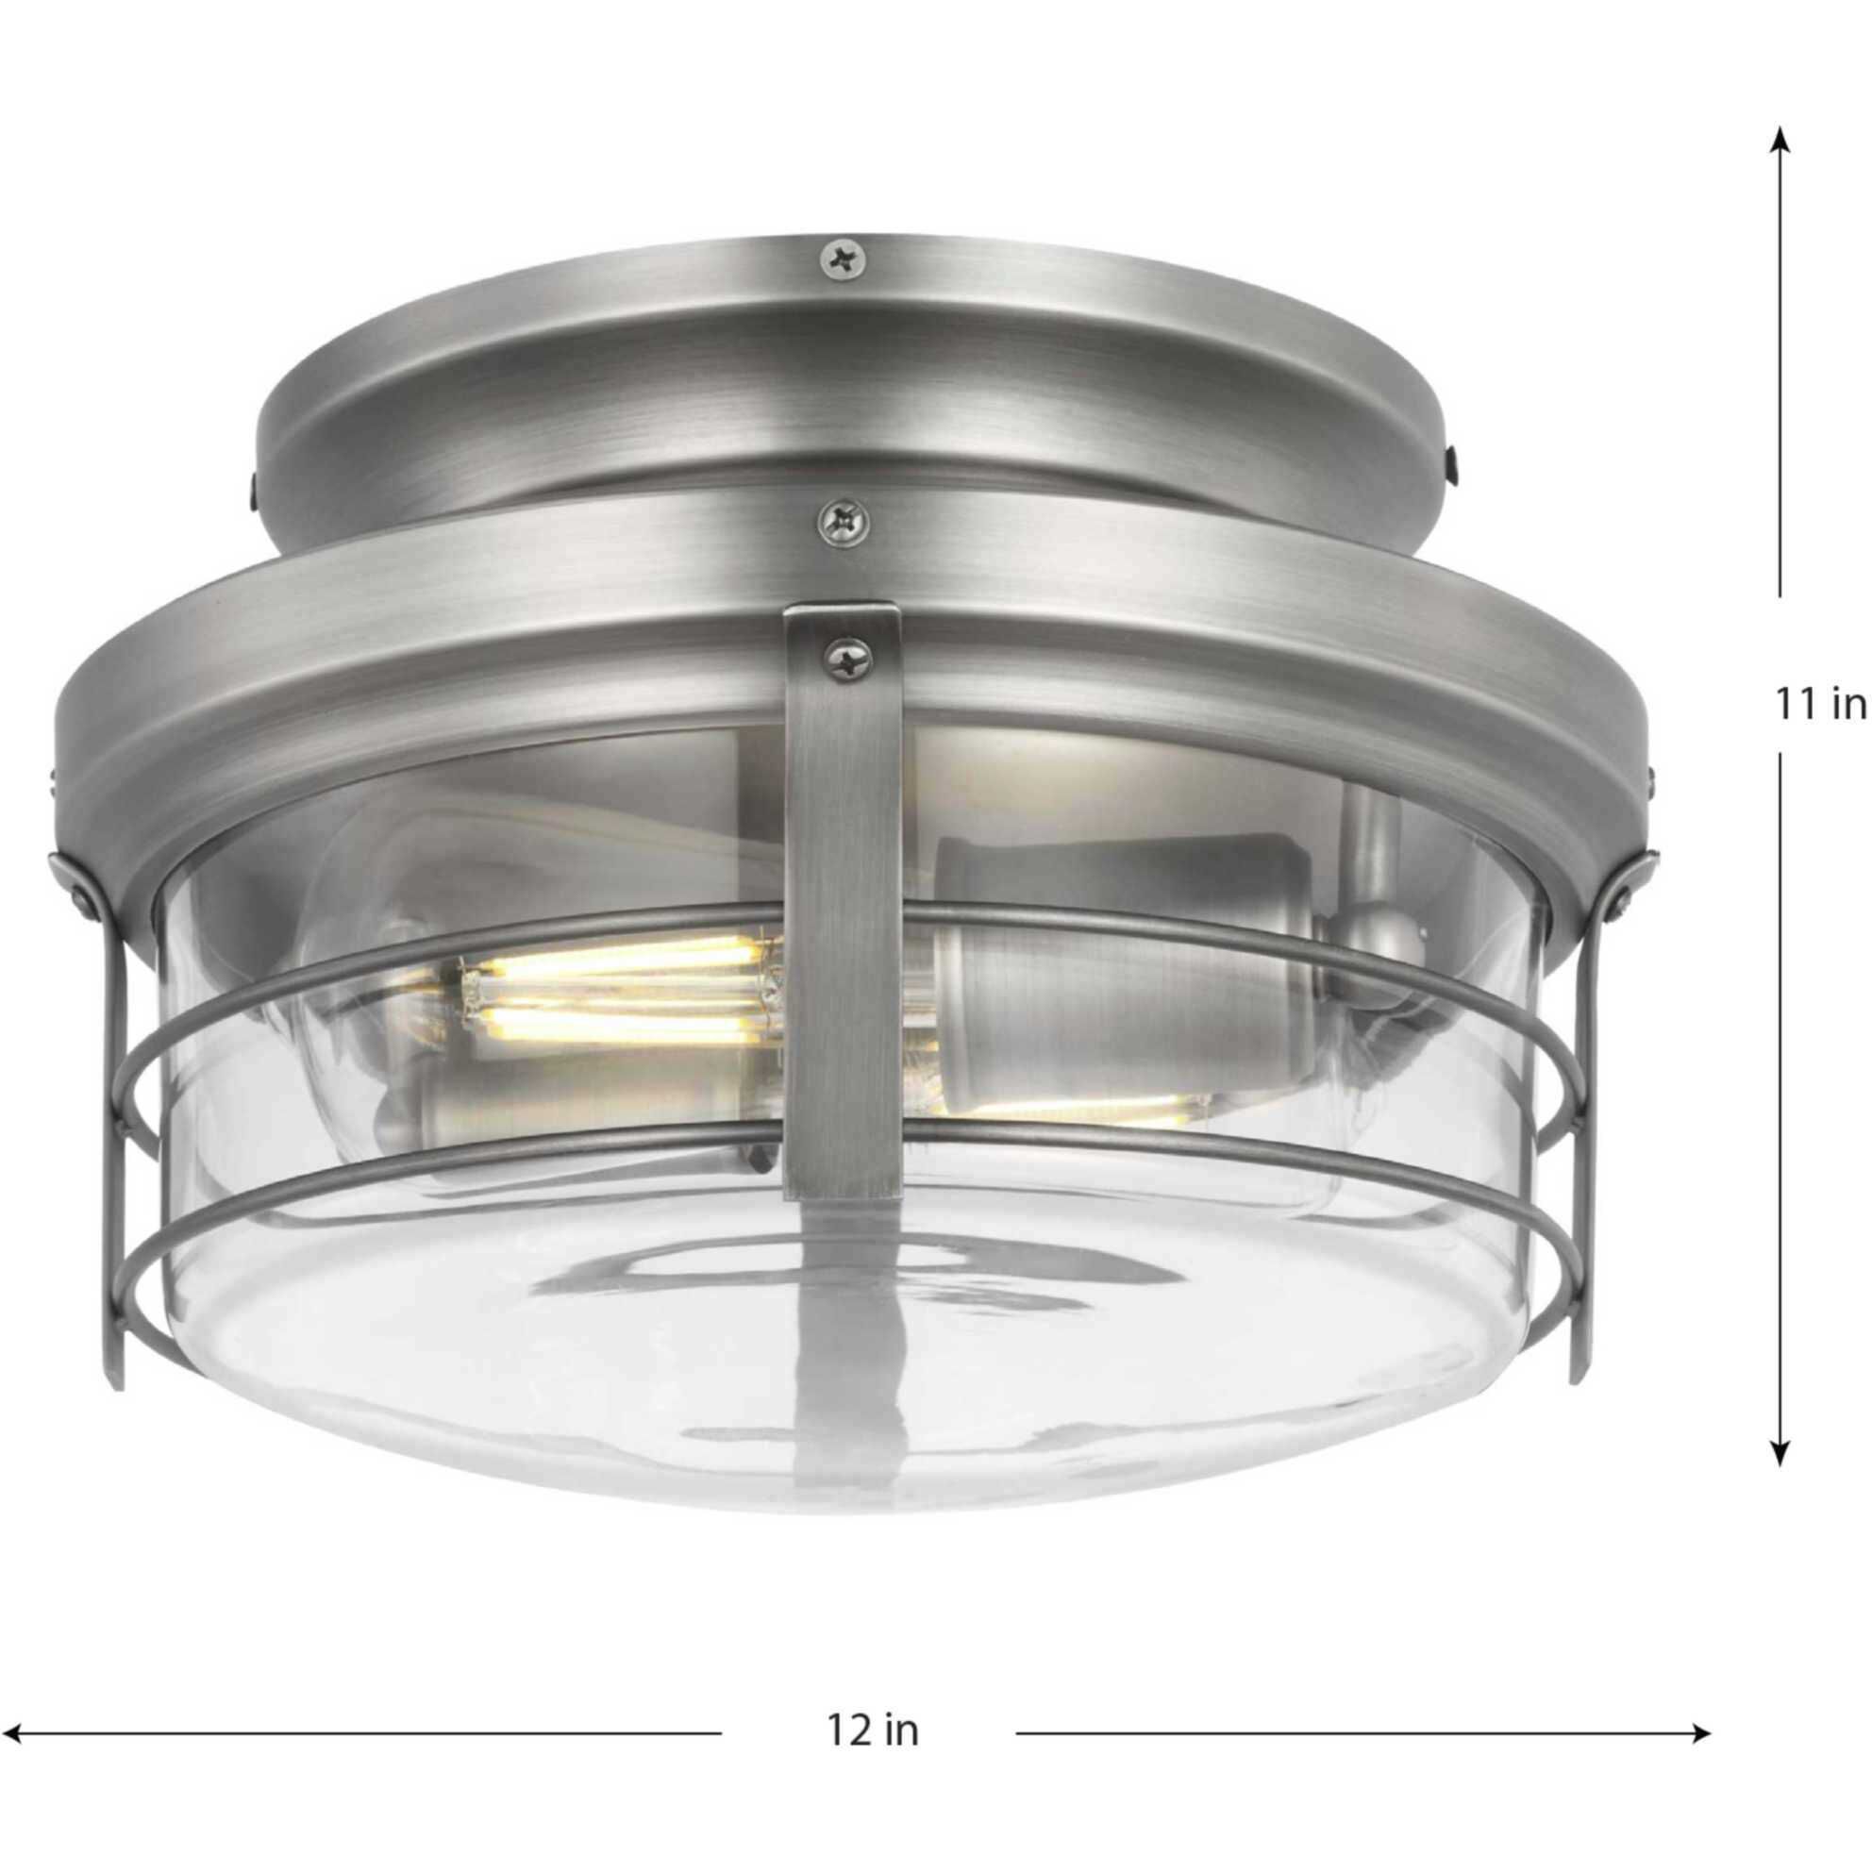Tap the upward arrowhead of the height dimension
click(x=1779, y=142)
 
